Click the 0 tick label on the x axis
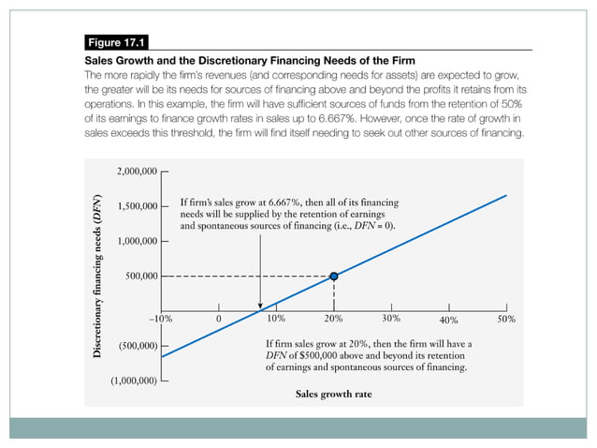click(218, 320)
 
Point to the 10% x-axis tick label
click(277, 320)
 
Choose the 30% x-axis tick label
click(391, 320)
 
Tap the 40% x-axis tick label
click(448, 321)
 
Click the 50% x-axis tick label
click(506, 320)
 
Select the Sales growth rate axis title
click(333, 395)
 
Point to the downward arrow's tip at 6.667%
click(259, 306)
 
